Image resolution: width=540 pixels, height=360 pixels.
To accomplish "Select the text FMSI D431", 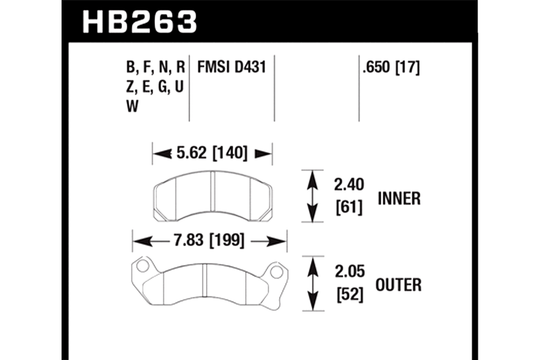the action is [x=231, y=67].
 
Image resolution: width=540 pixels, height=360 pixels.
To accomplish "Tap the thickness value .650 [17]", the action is [x=391, y=67].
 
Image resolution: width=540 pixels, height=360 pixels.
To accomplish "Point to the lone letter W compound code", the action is [x=132, y=107].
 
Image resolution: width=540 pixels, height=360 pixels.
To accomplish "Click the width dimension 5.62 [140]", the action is [x=212, y=153].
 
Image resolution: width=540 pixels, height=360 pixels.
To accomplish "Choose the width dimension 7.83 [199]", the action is [x=209, y=240].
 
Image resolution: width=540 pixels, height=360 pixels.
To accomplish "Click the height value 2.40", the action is [x=349, y=185].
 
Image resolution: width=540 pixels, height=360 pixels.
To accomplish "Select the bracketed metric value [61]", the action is [x=349, y=207].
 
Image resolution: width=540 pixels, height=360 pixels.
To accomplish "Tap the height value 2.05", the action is [x=350, y=272].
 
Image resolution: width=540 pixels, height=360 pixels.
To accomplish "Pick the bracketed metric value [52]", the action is [x=350, y=295].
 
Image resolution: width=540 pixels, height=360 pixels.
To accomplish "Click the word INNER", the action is [x=399, y=199].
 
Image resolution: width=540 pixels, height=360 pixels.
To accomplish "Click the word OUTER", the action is [x=399, y=285].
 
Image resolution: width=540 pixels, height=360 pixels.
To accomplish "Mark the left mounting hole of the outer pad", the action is [x=143, y=266].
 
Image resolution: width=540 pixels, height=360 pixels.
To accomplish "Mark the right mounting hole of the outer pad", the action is [x=276, y=272].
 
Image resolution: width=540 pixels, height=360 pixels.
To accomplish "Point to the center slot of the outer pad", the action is [x=204, y=281].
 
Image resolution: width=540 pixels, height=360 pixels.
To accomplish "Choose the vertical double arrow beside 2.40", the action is [x=312, y=196].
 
